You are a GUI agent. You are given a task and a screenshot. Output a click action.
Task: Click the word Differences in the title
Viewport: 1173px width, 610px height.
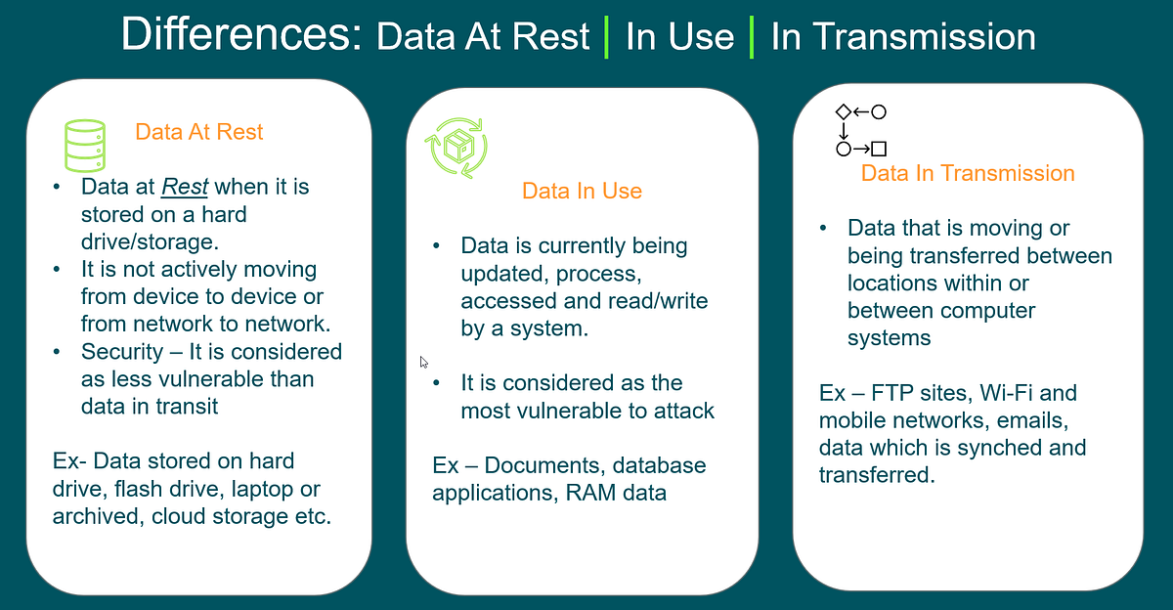(239, 36)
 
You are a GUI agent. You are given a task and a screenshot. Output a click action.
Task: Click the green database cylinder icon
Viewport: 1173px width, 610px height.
(84, 146)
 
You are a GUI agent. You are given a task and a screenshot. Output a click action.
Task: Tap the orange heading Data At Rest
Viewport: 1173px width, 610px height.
(199, 132)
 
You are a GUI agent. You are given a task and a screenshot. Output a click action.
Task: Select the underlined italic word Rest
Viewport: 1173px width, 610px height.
(182, 186)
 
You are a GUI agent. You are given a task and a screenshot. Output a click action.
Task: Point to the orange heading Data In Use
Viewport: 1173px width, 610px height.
(582, 191)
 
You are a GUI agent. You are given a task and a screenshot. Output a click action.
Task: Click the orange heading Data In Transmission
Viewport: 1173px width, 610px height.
(968, 173)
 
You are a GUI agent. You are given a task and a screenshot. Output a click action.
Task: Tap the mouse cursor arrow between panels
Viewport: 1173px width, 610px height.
(424, 363)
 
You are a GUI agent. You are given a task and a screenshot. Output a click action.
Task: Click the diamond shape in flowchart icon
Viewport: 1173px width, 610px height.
(844, 112)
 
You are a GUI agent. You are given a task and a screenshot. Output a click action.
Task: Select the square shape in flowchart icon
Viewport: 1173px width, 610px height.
(879, 150)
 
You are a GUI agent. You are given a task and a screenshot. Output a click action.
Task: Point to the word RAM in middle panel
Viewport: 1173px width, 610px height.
(591, 492)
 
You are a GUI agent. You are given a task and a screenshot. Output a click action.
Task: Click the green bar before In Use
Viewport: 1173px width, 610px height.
(607, 37)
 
